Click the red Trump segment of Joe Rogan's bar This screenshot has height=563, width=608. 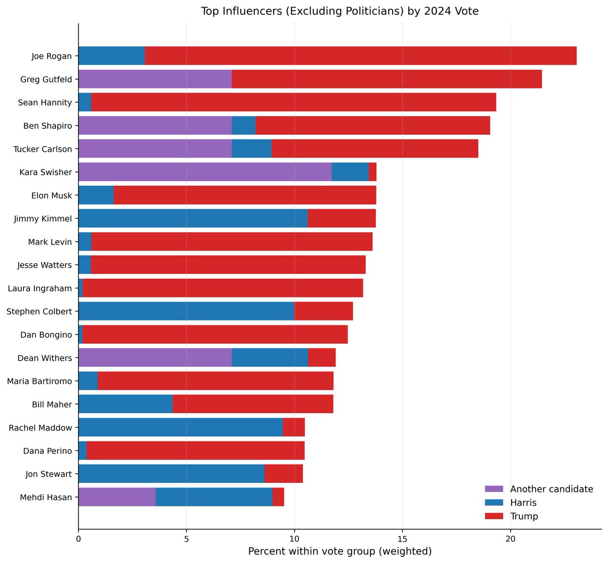360,56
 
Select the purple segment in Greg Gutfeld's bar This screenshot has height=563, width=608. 155,79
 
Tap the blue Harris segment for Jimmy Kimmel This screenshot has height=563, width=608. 193,219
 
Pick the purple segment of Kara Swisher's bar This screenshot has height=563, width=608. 205,172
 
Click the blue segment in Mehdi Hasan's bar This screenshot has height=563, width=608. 214,497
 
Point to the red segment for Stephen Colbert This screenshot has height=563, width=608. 323,311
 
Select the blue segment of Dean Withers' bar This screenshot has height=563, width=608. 270,358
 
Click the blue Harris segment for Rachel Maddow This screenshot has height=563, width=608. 180,428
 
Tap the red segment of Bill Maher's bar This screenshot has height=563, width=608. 253,404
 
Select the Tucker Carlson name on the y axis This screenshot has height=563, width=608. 43,149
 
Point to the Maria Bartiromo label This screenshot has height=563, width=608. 40,381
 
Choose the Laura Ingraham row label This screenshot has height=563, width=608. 40,288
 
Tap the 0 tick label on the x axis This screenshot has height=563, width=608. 79,539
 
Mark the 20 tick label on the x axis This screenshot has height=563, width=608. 510,539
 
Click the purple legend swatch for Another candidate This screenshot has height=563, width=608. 494,489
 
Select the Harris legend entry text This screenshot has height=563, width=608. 523,503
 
